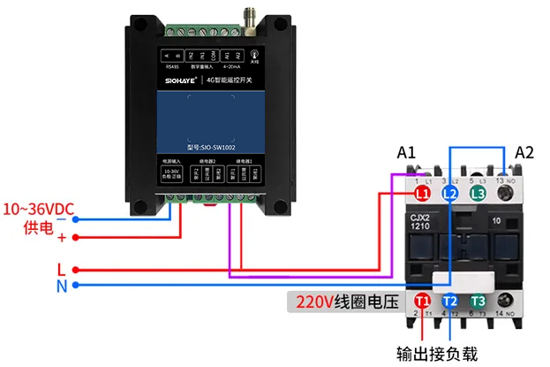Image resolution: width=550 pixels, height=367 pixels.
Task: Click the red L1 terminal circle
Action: click(422, 192)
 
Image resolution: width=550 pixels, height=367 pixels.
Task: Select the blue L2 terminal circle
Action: click(450, 192)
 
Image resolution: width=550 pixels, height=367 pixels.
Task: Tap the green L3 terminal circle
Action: click(478, 192)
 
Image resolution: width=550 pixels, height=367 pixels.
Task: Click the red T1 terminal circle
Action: click(422, 302)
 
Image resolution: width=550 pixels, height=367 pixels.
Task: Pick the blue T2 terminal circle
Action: click(450, 302)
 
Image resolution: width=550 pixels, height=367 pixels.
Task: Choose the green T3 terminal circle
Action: click(478, 302)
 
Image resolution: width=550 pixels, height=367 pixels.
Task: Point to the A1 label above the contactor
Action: click(406, 152)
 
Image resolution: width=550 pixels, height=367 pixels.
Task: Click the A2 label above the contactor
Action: click(524, 152)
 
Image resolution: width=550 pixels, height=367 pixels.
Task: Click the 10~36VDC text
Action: click(38, 210)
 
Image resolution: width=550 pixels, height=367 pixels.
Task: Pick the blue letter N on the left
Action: click(60, 286)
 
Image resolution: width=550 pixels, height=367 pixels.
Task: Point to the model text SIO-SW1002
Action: click(212, 148)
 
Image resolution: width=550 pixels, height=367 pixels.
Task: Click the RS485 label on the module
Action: click(171, 65)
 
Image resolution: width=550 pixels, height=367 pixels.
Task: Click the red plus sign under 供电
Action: click(62, 237)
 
